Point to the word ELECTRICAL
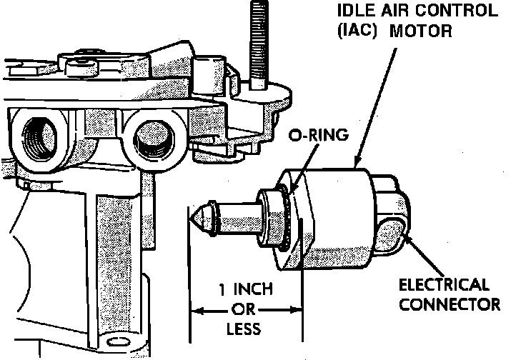click(x=444, y=285)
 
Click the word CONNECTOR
click(x=449, y=304)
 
